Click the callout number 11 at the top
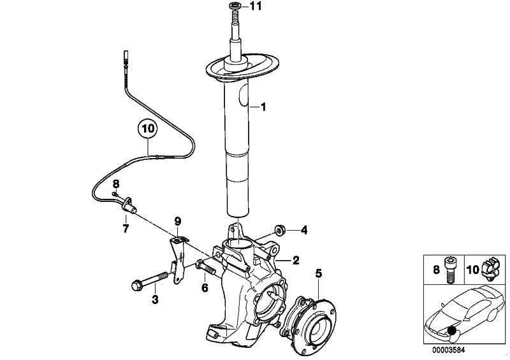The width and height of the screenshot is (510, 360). (256, 6)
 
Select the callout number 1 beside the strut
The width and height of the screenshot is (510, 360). (263, 106)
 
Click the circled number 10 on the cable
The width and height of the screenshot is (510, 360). (147, 129)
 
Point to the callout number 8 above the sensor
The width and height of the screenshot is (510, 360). (116, 184)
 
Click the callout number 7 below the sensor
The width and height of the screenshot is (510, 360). (126, 228)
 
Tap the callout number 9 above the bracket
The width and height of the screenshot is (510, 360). (178, 222)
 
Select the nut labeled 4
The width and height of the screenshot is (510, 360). (279, 230)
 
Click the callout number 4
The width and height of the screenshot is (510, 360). (304, 231)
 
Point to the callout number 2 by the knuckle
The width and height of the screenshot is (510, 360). (296, 260)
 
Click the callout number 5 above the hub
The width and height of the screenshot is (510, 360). (318, 273)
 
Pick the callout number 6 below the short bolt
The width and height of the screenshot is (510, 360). (205, 288)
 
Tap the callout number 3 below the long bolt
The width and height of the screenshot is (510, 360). (155, 299)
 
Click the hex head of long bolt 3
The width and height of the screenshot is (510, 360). (136, 286)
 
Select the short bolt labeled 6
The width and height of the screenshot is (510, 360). (205, 268)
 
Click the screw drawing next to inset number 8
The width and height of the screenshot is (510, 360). (450, 270)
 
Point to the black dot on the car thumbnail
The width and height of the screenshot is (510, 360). (451, 331)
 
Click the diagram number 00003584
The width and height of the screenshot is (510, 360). (449, 350)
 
